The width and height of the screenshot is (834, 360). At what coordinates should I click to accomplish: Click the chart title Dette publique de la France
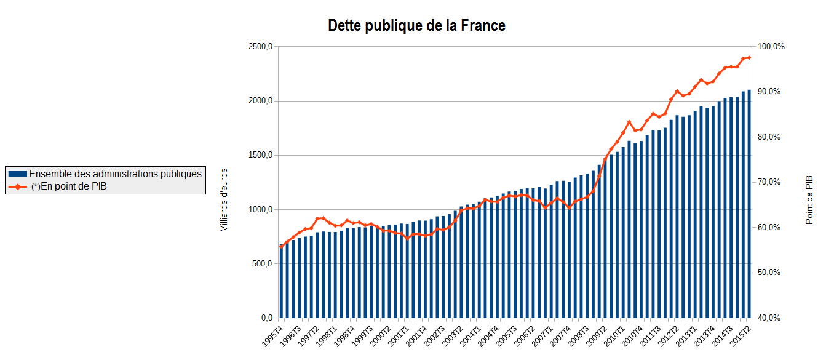(x=416, y=26)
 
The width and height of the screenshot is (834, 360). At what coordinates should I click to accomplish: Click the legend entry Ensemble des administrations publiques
(x=115, y=174)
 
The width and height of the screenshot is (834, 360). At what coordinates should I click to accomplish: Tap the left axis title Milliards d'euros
(x=224, y=200)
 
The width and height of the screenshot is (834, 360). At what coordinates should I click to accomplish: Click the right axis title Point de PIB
(x=809, y=200)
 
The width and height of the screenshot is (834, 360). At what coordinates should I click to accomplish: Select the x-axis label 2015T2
(x=741, y=335)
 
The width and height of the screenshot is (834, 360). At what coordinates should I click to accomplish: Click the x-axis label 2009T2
(x=596, y=335)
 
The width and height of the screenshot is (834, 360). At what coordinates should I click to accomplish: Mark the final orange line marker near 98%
(x=749, y=58)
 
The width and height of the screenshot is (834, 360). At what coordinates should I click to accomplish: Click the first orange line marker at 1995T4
(x=282, y=246)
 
